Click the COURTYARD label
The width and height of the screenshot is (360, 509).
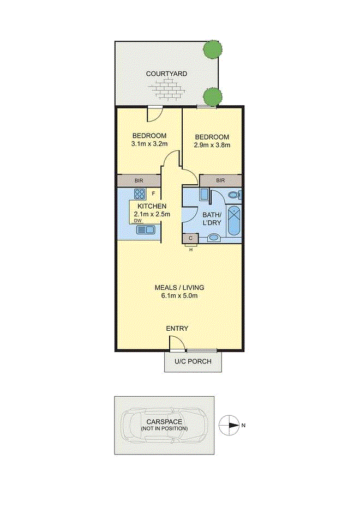tap(166, 74)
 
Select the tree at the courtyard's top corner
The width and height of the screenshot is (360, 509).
tap(213, 50)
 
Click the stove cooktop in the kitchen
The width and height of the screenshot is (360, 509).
tap(140, 194)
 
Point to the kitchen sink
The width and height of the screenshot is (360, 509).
tap(145, 230)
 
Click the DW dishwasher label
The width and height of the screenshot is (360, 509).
tap(138, 221)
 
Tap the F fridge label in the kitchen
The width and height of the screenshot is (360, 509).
tap(153, 194)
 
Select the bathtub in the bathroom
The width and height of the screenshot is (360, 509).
tap(233, 220)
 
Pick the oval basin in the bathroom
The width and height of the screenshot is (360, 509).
tap(213, 238)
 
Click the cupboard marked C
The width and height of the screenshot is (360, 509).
tap(190, 238)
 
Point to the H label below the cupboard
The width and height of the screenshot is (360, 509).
tap(191, 250)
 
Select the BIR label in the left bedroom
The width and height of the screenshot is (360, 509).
tap(139, 180)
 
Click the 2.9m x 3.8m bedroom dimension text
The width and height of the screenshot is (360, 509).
tap(212, 145)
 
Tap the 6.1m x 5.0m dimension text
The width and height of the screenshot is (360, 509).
tap(179, 296)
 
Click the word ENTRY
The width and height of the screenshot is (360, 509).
tap(177, 329)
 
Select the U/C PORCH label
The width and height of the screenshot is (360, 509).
tap(193, 361)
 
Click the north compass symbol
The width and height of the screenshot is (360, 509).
tap(229, 425)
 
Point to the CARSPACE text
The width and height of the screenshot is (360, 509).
tap(164, 422)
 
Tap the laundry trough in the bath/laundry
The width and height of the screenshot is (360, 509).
tap(204, 194)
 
